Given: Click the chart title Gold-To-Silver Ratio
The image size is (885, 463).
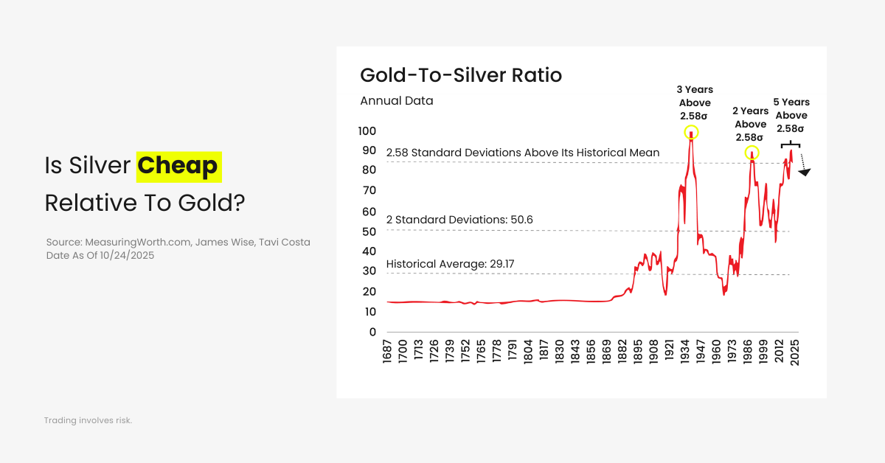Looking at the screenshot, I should point(461,75).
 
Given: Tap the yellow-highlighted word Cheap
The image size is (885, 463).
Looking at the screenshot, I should point(179,166).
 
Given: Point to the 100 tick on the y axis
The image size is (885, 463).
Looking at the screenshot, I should point(367,131).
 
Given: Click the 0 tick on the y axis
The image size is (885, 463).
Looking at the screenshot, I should point(372,332).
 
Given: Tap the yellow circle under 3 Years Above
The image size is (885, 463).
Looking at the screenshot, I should point(691,133).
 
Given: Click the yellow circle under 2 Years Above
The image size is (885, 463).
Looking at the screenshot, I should point(752,153).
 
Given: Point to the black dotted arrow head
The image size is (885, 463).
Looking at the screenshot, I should point(805,172).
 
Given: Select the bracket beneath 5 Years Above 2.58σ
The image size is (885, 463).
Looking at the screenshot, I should point(790,145).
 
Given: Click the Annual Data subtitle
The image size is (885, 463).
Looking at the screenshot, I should point(397,101).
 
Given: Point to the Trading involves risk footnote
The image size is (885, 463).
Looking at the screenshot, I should point(88,420).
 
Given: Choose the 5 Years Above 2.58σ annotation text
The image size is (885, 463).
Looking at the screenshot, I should point(791,115).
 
